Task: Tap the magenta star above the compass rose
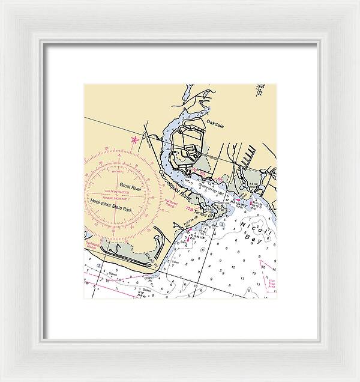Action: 134,140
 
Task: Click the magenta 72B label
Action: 190,209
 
